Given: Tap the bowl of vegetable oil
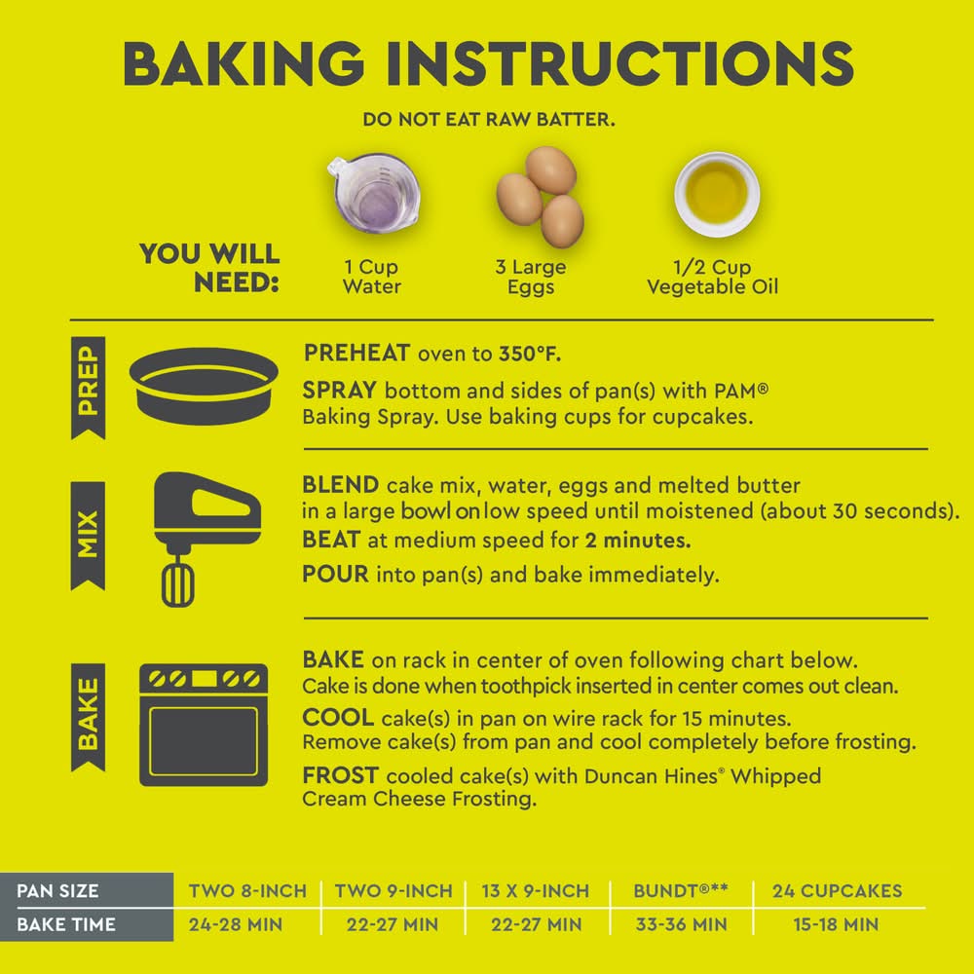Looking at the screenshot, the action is pos(718,194).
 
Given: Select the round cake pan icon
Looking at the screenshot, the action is pos(204,386).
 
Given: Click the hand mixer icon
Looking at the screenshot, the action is pos(206,538).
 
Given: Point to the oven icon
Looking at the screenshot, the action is pos(204,725).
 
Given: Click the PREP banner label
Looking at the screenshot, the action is pos(89,388).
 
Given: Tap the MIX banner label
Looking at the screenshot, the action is pos(89,536).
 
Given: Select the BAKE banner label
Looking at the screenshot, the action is pos(89,717).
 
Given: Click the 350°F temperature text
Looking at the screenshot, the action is pos(530,354).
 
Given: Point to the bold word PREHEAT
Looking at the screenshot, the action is pos(356,353).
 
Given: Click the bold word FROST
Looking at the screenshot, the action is pos(340,775).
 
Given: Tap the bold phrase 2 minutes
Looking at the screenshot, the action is pos(638,541).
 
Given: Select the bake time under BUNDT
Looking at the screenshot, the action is pos(682,924).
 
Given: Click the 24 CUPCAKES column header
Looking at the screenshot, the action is pos(838,891).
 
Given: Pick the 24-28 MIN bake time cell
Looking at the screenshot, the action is pos(236,924).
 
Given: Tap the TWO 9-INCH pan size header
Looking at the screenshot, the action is pos(393,891).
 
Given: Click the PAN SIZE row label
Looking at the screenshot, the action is pos(57,891).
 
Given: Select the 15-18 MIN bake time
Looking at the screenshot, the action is pos(836,924).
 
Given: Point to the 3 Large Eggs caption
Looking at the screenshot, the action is pos(531,277).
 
